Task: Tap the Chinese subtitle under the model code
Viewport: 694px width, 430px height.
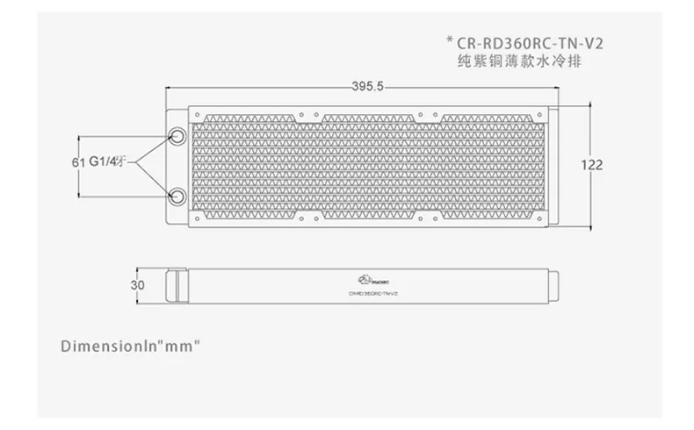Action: (511, 61)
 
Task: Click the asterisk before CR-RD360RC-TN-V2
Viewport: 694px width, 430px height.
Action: (451, 40)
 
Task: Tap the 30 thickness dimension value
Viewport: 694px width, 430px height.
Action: (136, 283)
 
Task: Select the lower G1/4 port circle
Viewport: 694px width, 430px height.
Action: (176, 194)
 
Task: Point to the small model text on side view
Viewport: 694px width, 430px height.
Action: (373, 292)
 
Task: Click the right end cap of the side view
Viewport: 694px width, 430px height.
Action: (555, 284)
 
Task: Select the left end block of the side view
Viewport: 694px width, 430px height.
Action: (177, 284)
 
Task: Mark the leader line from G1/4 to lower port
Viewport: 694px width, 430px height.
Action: (148, 178)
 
